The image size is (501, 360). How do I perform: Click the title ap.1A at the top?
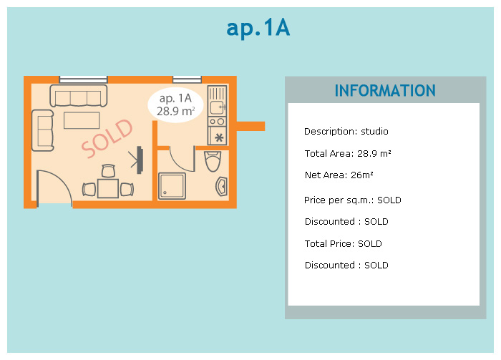[x=258, y=28]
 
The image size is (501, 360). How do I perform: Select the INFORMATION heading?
[x=385, y=91]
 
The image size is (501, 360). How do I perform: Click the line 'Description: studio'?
[x=346, y=132]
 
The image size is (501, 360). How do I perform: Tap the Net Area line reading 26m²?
[x=339, y=175]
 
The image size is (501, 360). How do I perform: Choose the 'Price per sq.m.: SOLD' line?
[x=352, y=200]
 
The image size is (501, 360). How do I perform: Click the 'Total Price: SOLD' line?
[x=343, y=244]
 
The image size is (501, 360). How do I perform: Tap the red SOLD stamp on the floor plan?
[x=107, y=139]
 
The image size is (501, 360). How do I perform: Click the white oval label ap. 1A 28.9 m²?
[x=176, y=104]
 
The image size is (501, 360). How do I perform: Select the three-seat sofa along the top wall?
[x=78, y=95]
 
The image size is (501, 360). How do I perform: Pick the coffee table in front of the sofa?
[x=82, y=120]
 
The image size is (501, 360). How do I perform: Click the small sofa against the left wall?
[x=43, y=129]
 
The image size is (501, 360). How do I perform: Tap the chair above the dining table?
[x=108, y=171]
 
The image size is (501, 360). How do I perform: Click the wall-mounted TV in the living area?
[x=138, y=160]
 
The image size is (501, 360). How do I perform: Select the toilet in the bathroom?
[x=213, y=162]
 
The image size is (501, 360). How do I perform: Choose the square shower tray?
[x=172, y=185]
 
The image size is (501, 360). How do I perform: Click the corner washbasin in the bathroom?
[x=220, y=187]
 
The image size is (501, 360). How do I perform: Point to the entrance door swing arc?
[x=56, y=188]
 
